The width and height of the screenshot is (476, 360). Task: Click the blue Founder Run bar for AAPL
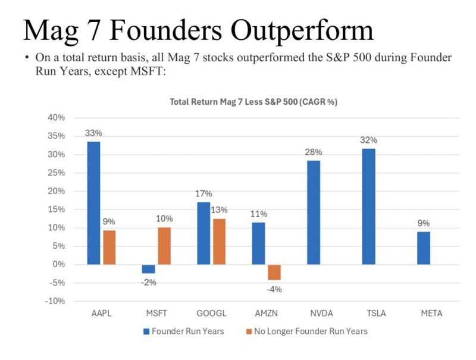(93, 202)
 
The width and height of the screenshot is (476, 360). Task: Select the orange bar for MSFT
(164, 246)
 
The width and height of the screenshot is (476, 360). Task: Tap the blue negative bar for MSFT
(148, 269)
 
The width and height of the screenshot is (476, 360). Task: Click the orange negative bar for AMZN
(274, 272)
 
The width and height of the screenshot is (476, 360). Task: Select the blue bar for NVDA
(313, 212)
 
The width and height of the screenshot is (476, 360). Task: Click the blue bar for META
(423, 248)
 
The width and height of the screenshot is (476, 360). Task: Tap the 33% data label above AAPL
(93, 133)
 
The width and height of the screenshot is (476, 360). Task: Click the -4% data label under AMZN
(274, 290)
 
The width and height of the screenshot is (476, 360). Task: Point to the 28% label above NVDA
(313, 152)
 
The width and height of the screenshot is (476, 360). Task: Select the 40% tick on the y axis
(56, 118)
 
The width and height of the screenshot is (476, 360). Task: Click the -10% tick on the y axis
(55, 301)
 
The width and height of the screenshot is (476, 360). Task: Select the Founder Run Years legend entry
(183, 331)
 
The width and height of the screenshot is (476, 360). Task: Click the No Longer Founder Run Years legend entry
(306, 331)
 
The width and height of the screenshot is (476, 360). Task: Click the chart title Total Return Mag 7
(253, 102)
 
